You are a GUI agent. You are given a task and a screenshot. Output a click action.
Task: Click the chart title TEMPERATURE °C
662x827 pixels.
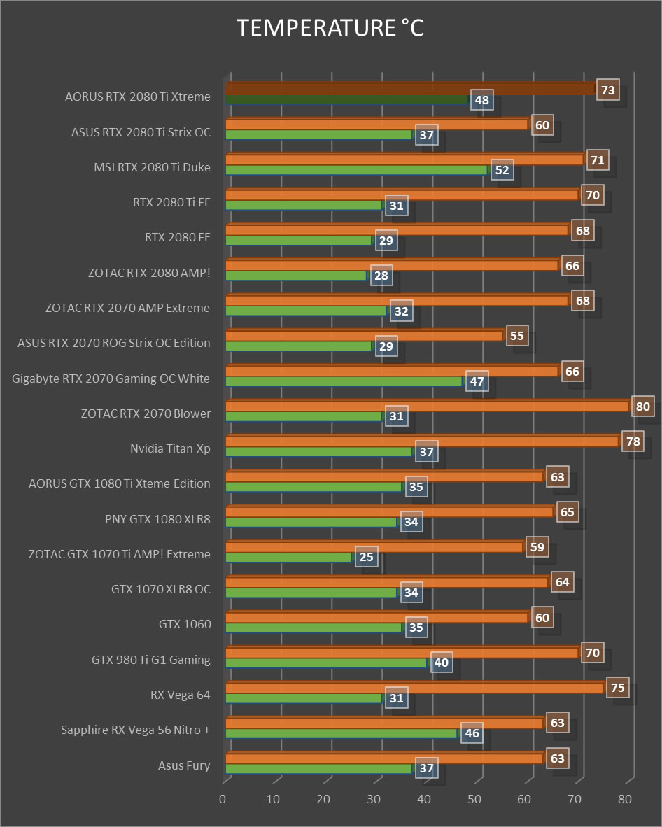(330, 28)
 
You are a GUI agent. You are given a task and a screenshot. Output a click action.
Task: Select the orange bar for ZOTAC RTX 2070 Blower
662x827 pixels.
(427, 406)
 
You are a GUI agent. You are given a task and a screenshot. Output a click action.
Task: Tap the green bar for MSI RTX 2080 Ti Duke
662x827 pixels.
(355, 170)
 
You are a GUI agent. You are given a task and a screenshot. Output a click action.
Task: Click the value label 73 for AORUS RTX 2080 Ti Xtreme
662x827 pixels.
(608, 90)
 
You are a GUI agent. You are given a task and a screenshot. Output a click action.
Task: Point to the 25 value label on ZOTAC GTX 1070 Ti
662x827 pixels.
(366, 557)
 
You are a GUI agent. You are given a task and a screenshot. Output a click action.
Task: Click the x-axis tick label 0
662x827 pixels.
(223, 799)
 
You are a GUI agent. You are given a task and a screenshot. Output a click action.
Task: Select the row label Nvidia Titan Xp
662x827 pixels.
(170, 448)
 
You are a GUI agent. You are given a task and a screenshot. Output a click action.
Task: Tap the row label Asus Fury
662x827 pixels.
(184, 765)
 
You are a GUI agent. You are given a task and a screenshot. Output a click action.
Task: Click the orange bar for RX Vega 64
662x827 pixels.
(414, 688)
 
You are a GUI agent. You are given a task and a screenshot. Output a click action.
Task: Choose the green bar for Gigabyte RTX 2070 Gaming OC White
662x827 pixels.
(343, 381)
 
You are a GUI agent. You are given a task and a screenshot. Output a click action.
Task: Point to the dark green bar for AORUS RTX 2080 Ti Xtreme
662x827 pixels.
(346, 99)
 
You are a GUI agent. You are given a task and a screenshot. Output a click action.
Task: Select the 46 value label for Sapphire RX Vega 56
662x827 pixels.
(472, 733)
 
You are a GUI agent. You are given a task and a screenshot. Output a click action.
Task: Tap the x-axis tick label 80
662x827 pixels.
(626, 799)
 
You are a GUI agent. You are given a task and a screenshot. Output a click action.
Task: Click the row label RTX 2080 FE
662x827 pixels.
(178, 237)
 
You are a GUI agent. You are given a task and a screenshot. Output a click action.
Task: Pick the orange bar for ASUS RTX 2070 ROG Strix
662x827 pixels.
(364, 336)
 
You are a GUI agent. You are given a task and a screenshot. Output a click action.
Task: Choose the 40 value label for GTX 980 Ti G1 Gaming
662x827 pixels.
(442, 663)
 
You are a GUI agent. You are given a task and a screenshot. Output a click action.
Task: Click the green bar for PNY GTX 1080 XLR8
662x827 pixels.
(311, 522)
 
